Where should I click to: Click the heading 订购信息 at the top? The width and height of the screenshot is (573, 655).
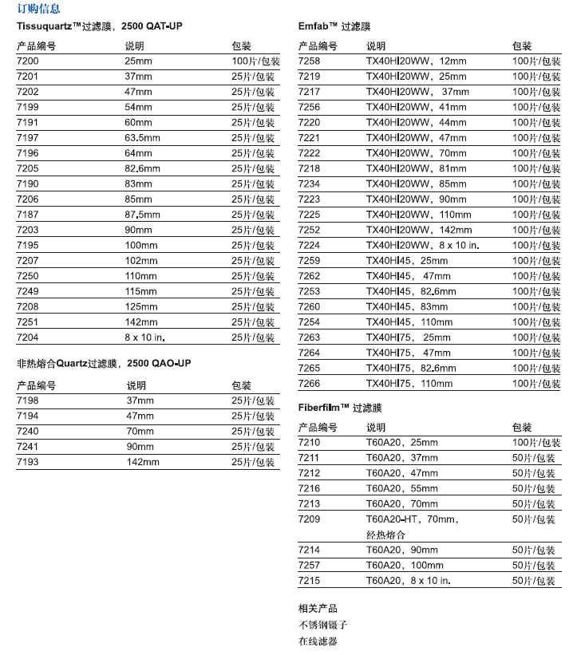click(x=38, y=10)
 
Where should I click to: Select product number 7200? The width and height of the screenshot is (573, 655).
click(x=27, y=61)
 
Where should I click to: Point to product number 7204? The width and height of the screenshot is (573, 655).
click(x=27, y=337)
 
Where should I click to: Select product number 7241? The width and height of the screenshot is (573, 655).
click(x=27, y=447)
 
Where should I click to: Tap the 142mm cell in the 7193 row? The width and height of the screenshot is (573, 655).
click(x=143, y=462)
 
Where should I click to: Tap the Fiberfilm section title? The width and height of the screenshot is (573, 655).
click(x=340, y=407)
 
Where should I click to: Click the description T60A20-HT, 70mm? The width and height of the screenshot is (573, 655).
click(x=411, y=519)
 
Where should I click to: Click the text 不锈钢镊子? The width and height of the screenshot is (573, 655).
click(x=323, y=625)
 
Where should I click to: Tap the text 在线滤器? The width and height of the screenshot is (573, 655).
click(x=318, y=641)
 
